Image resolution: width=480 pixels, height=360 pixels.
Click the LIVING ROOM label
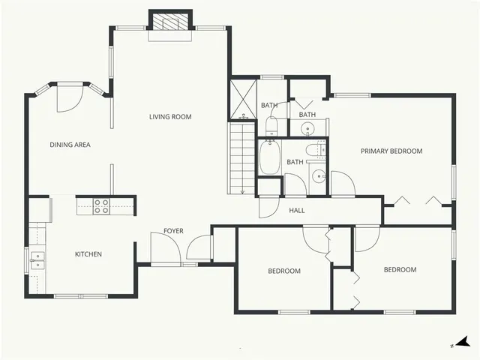[x=170, y=116]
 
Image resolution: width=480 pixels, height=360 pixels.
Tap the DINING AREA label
[x=70, y=145]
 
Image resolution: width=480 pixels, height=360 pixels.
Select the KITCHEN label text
[x=88, y=254]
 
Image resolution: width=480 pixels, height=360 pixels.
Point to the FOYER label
[x=173, y=231]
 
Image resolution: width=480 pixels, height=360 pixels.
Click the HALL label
[x=297, y=211]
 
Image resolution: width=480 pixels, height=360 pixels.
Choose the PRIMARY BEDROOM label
[x=391, y=151]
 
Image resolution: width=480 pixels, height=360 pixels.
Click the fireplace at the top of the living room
[x=171, y=22]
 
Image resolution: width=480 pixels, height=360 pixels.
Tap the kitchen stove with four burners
[x=102, y=206]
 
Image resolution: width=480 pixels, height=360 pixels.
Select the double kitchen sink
[x=37, y=261]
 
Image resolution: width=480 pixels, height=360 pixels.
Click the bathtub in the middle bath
[x=271, y=157]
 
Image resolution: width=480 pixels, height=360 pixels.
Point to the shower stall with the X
[x=243, y=98]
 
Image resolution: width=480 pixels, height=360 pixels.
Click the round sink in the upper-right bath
[x=308, y=129]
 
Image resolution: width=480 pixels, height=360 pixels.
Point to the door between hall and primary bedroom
[x=341, y=184]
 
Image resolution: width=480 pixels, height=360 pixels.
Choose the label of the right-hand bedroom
[x=400, y=270]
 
